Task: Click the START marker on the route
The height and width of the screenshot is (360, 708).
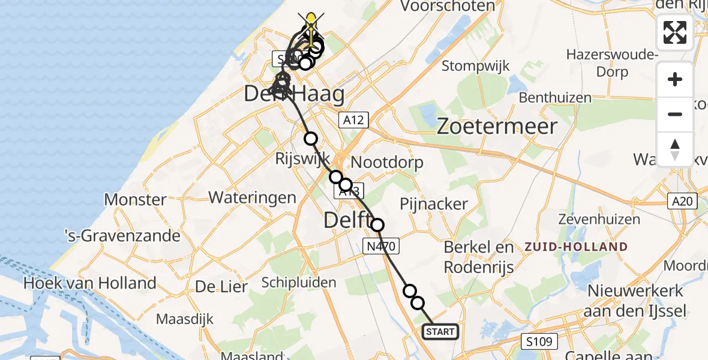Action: pos(441,331)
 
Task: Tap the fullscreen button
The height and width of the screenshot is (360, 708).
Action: pos(675,32)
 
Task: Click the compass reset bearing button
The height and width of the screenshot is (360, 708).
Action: pos(675,148)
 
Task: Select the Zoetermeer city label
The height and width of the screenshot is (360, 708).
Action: pos(497,126)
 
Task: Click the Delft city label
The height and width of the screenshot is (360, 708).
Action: pos(347,220)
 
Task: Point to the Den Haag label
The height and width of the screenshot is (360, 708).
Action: pos(294,94)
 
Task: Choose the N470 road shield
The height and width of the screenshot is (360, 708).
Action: pos(380,245)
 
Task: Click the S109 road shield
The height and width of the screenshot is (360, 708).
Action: pos(539,341)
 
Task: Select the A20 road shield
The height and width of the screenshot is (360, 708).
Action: pos(683,202)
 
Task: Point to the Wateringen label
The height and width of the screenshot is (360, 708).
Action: pos(252,197)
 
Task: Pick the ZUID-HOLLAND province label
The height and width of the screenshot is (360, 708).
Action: pos(577,247)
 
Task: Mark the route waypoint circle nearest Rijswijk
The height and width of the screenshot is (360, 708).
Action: pos(311,139)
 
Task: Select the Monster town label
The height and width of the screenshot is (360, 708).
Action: pos(136,200)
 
